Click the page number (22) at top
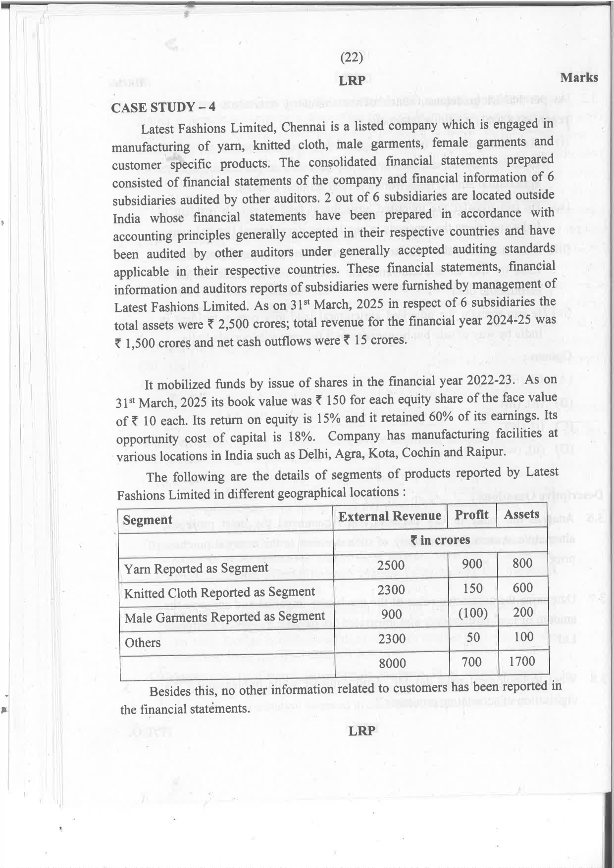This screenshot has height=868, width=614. (x=352, y=58)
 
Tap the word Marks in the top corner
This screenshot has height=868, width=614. (x=579, y=78)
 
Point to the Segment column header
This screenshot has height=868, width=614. (x=148, y=520)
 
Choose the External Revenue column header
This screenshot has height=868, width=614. (x=390, y=516)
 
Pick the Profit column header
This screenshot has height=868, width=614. (x=471, y=515)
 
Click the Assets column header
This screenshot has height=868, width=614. (x=521, y=514)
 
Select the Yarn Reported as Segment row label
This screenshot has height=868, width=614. (x=196, y=568)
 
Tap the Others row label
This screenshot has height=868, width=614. (x=143, y=642)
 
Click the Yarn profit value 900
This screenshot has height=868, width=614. (x=472, y=564)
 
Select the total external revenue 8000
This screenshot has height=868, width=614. (x=392, y=663)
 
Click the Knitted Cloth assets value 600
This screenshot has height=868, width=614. (x=523, y=588)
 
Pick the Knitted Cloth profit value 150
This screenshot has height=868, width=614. (x=472, y=588)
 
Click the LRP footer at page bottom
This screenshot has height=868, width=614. (x=361, y=730)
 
